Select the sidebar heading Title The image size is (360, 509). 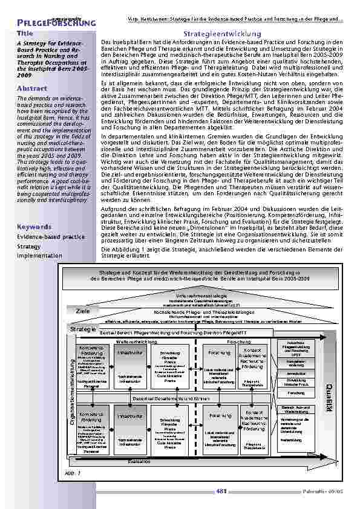click(x=25, y=34)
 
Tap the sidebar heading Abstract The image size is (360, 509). click(x=33, y=88)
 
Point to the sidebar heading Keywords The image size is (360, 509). click(x=34, y=227)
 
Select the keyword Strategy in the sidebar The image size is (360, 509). click(x=29, y=247)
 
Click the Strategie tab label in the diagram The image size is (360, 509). click(x=83, y=329)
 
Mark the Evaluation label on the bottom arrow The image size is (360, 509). click(x=139, y=461)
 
